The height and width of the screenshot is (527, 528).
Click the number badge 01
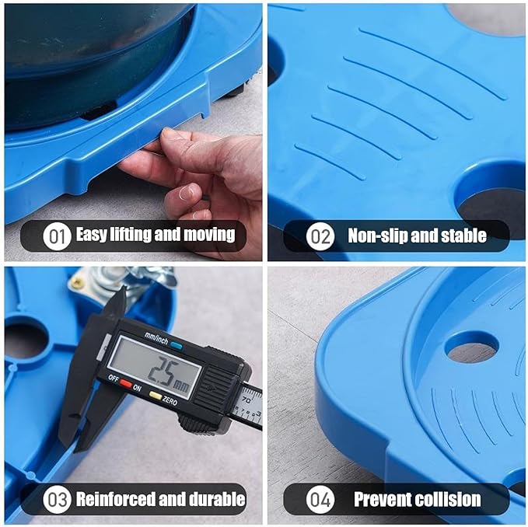(57, 236)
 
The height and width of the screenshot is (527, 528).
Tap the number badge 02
(320, 236)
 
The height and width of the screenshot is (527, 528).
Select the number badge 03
(57, 499)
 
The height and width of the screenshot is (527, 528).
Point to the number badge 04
(320, 499)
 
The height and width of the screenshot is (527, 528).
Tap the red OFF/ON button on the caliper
(126, 383)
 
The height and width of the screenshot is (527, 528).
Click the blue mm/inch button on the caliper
(176, 345)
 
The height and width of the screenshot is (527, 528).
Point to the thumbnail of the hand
(187, 193)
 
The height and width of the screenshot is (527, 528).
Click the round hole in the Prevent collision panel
(471, 347)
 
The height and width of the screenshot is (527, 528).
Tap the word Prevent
(383, 499)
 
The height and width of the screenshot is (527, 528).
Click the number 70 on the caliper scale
(247, 400)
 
